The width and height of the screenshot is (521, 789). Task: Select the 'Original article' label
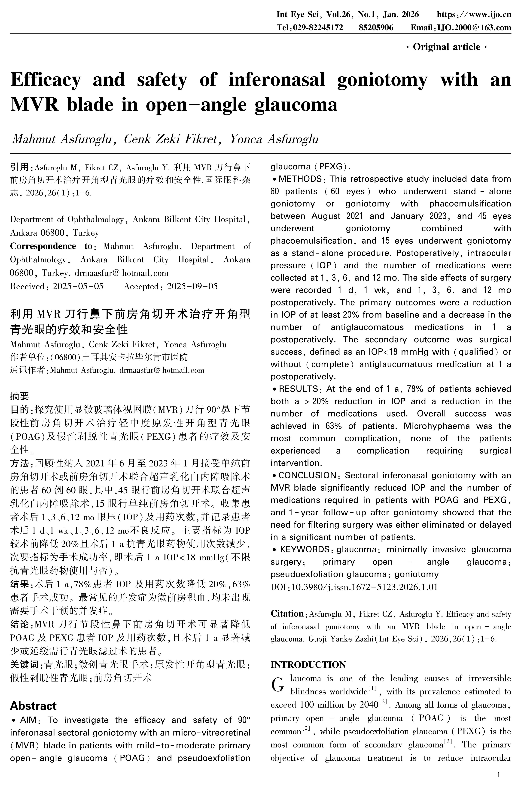tap(446, 47)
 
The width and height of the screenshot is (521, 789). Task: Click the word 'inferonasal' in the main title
tap(276, 80)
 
